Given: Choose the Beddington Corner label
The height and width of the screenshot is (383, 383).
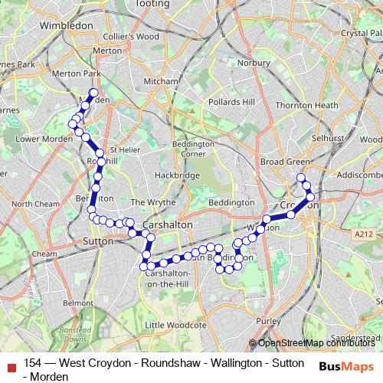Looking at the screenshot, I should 193,148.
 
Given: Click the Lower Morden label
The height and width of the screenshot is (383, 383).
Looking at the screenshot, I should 38,139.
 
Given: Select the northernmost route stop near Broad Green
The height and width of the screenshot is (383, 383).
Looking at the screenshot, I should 301,178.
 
